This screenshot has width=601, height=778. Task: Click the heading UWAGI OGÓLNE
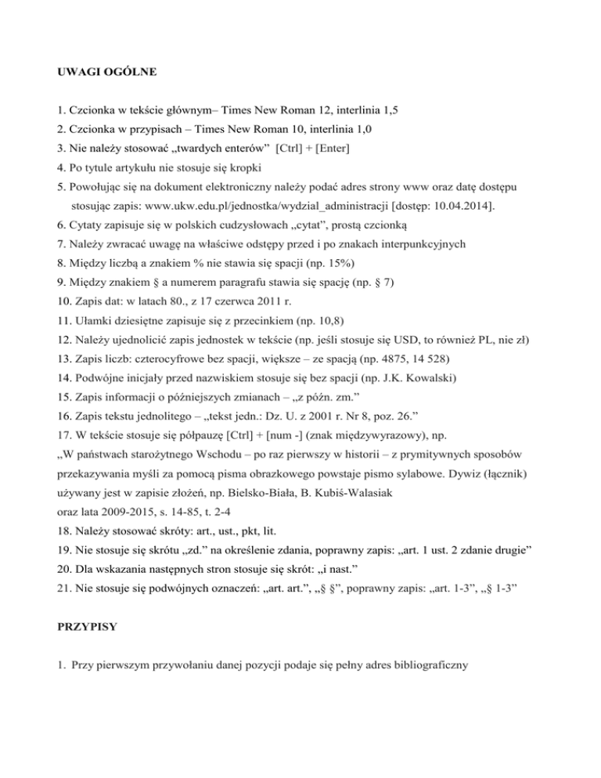(109, 73)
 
